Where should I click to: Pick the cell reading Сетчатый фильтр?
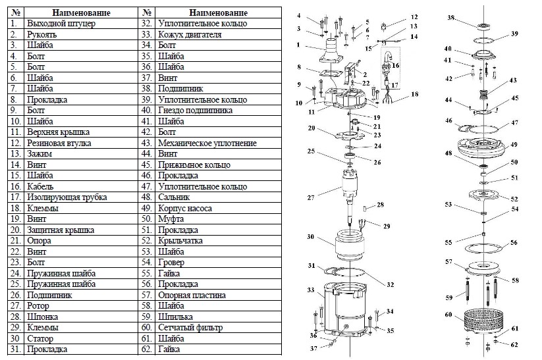point(191,328)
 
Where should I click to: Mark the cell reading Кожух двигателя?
point(190,34)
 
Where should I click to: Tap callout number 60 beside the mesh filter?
point(448,315)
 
